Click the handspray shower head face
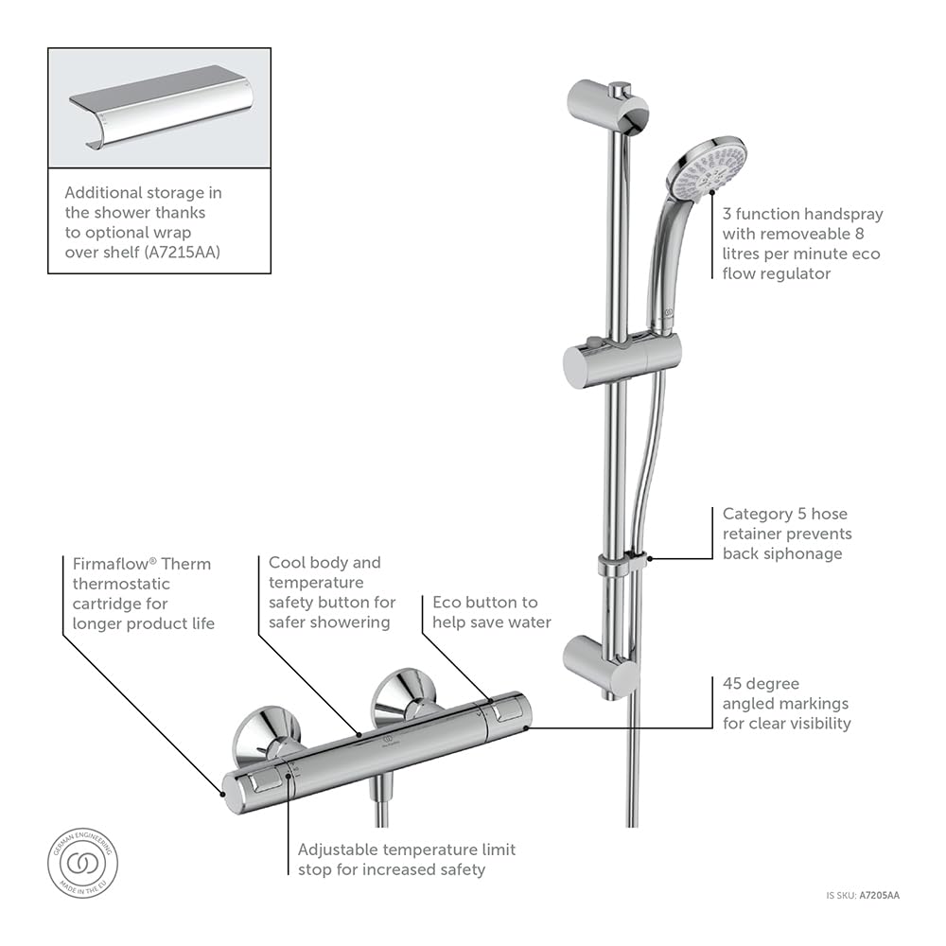707,169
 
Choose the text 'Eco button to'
484,602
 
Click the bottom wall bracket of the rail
602,665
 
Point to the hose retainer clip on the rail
622,565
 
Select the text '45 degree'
761,683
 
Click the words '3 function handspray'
802,215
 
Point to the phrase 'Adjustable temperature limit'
407,850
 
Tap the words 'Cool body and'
324,563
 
